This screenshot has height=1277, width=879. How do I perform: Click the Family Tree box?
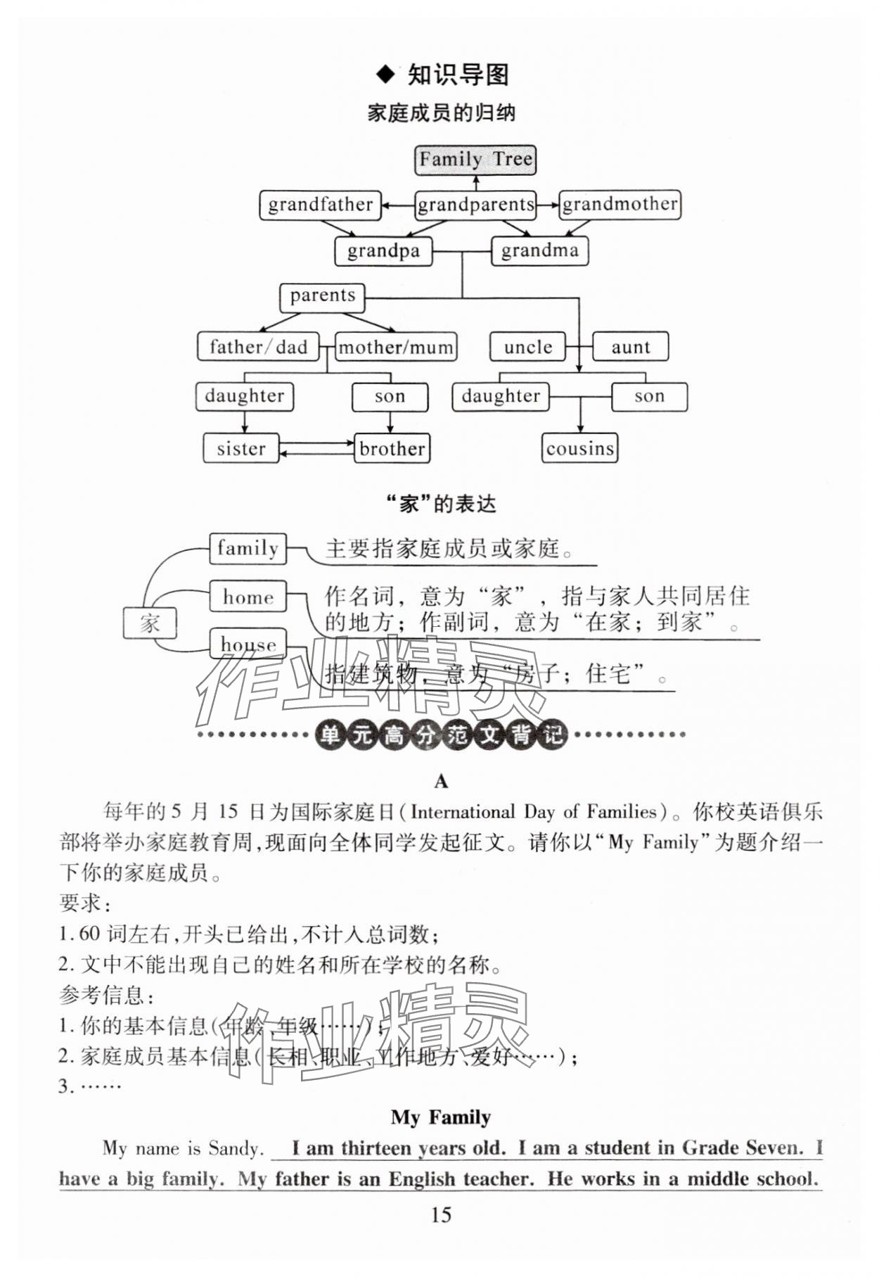pos(475,160)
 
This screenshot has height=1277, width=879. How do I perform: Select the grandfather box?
pos(320,205)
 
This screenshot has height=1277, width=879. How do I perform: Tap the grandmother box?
pos(620,205)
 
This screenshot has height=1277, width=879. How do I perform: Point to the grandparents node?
pos(475,205)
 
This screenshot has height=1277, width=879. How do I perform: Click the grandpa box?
pos(383,251)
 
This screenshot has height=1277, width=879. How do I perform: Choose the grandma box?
pos(539,250)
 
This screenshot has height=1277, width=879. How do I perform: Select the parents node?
pos(322,296)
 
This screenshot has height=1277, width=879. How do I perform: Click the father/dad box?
pos(258,347)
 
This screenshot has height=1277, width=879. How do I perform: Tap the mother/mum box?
pos(396,347)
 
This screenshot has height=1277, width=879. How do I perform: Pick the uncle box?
pos(527,347)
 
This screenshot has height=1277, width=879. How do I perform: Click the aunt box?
pos(630,347)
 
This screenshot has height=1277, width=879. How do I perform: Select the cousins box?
pos(579,448)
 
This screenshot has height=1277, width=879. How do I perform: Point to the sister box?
pos(240,448)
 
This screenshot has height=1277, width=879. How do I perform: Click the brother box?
pos(392,448)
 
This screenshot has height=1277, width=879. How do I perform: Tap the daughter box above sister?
pos(244,396)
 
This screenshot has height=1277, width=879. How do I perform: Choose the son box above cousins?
pos(649,396)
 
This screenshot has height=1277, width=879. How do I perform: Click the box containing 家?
pos(150,623)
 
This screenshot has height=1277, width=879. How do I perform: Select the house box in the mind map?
pos(248,644)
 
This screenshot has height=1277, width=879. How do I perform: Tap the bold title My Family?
pos(440,1117)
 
